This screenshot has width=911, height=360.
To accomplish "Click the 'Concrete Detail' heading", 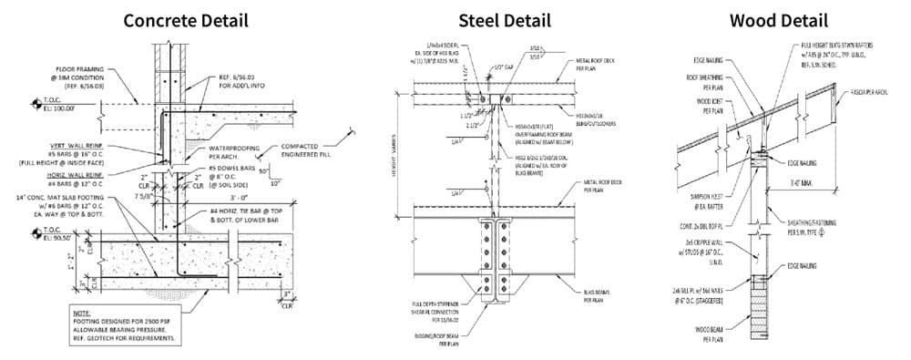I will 186,20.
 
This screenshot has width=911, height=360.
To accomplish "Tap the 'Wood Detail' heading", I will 783,20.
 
